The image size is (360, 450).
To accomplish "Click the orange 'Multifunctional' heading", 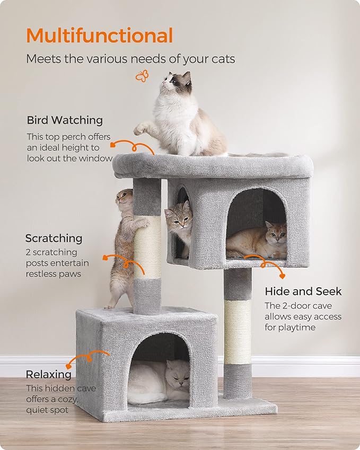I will click(100, 36).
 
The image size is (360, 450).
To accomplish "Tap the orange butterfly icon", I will click(142, 77).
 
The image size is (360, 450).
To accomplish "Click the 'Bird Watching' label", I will click(65, 120).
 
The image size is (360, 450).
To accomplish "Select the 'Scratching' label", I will click(54, 238).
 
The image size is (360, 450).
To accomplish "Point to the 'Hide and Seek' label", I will click(303, 291).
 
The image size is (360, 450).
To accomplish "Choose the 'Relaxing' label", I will click(49, 374).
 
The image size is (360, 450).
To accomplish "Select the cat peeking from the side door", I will click(179, 220).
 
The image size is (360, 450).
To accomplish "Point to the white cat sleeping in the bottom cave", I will click(159, 381).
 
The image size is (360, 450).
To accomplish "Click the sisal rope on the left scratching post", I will click(147, 247).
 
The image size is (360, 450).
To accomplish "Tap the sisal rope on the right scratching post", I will click(237, 332).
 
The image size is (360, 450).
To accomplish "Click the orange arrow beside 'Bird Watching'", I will click(133, 147).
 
